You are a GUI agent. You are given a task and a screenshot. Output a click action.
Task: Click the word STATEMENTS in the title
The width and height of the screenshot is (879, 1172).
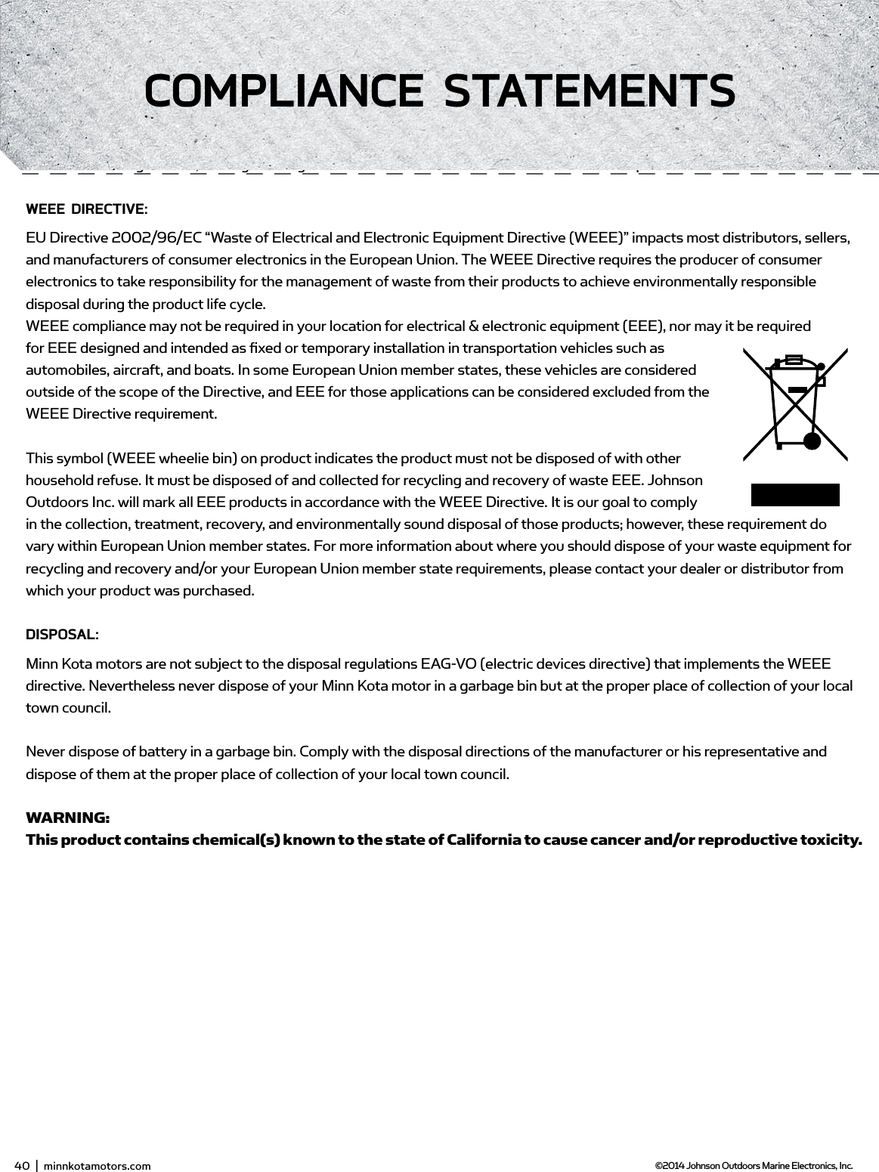click(590, 91)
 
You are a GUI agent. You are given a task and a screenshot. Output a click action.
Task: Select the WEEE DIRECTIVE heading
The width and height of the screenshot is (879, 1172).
click(86, 209)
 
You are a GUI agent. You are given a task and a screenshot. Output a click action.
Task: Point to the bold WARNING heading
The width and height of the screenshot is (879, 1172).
click(67, 818)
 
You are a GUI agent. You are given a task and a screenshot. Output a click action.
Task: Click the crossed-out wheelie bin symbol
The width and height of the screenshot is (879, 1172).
click(794, 404)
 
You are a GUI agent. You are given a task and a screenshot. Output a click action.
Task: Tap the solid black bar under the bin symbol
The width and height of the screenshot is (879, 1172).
click(794, 494)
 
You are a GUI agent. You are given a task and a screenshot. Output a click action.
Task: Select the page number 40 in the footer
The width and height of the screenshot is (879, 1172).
click(21, 1165)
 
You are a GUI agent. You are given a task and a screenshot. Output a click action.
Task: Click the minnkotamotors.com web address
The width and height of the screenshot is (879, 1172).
click(97, 1165)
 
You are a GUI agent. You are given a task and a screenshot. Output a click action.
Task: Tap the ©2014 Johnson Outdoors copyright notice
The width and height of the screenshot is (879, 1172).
click(753, 1165)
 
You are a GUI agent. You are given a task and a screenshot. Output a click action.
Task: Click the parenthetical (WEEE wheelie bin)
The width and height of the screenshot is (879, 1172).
click(175, 459)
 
